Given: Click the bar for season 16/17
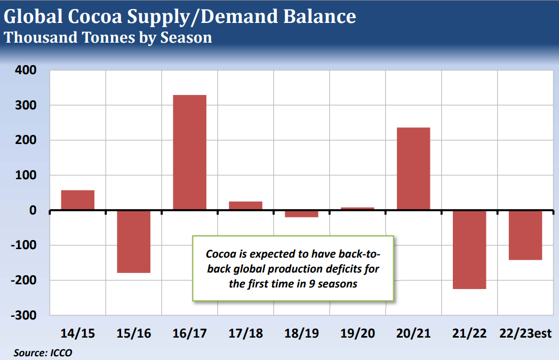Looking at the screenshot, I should pos(189,153).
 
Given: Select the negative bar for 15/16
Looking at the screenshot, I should pos(134,242).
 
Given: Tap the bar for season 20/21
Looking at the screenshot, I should pos(413,169).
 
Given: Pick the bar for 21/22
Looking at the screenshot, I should pos(469,250).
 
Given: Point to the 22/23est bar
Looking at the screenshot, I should pos(525,235).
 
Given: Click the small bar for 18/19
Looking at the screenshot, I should pos(301,214).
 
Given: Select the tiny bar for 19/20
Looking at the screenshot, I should pos(357,209).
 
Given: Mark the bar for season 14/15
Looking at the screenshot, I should pos(78,200).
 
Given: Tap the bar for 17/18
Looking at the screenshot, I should pos(245,205).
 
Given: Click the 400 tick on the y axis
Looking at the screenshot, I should pos(25,70).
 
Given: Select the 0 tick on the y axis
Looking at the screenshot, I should pos(33,211).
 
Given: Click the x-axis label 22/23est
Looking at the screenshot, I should pos(525,334).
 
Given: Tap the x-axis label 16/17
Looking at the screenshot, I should pos(189,334).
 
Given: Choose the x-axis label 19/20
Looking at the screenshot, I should pos(357,334).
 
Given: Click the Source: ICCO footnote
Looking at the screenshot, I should pos(42,353).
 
